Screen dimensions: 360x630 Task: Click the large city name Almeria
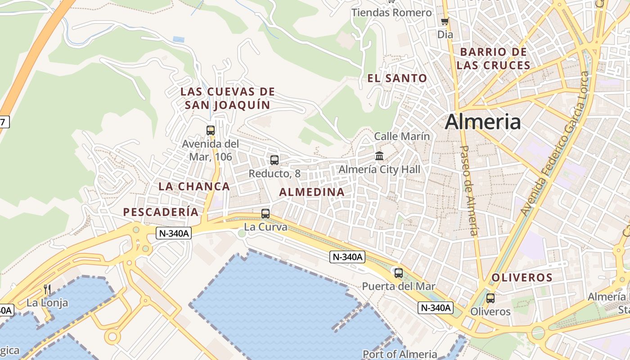coord(483,122)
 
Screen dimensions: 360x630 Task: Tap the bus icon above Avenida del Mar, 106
coord(210,130)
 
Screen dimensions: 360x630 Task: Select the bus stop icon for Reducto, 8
coord(274,160)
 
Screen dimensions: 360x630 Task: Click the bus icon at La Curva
coord(265,213)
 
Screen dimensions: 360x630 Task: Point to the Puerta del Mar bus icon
coord(398,273)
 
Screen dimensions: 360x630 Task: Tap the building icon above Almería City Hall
coord(379,156)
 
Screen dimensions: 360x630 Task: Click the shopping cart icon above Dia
coord(445,21)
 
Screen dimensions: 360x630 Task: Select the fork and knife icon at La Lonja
coord(47,289)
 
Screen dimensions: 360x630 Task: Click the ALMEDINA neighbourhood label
coord(312,192)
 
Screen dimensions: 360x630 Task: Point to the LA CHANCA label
coord(194,186)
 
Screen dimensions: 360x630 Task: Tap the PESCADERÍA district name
coord(161,212)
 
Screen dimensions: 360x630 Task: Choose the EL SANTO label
coord(397,78)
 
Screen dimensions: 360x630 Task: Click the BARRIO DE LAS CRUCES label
coord(493,58)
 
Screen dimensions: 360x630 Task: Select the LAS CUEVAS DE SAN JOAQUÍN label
coord(227,98)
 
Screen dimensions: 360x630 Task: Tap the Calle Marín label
coord(402,136)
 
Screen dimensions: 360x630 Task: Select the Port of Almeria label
coord(400,354)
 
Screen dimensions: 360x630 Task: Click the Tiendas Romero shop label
coord(391,13)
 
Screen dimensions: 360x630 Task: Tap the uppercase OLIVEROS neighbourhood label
coord(522,278)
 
